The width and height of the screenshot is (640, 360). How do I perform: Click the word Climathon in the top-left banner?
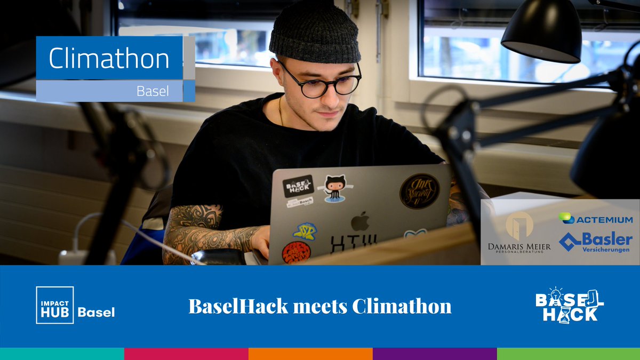pos(109,59)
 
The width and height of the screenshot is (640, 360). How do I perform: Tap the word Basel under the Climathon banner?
pos(153,91)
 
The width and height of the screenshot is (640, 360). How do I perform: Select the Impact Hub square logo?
pos(54,305)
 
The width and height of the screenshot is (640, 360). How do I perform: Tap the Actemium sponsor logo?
pos(596,219)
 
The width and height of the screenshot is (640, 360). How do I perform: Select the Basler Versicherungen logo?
pos(596,242)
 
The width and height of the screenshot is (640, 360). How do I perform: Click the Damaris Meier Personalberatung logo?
pos(519,233)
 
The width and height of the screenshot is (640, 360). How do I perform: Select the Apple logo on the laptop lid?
pos(361,220)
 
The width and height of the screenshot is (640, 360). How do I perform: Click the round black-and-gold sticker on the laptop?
pos(420,191)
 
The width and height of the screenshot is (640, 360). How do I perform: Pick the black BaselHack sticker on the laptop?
pos(298,187)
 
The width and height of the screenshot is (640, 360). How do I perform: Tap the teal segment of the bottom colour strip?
pos(62,354)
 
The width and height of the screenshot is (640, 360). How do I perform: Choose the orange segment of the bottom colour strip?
pos(310,354)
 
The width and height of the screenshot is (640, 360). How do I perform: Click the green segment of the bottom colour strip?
pos(569,354)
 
